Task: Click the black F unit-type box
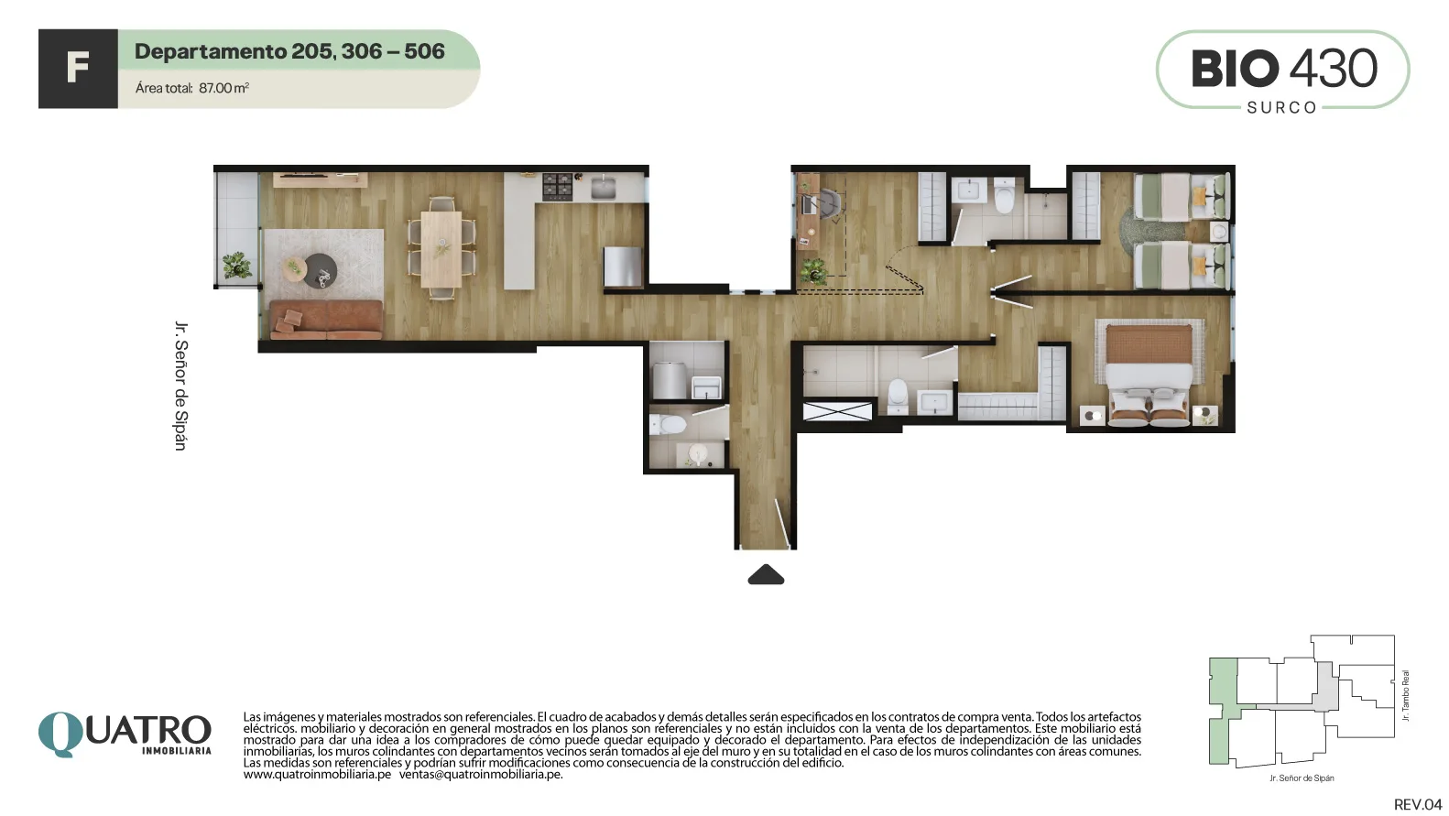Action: (78, 69)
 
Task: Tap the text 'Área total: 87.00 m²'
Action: (192, 88)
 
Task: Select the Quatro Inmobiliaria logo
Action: (125, 734)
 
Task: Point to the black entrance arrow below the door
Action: (766, 574)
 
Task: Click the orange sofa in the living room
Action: (327, 320)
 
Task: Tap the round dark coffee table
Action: (321, 270)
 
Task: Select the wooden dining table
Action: (441, 249)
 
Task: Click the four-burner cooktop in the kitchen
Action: (557, 186)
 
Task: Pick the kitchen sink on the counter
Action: (603, 188)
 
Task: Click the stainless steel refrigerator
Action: (623, 267)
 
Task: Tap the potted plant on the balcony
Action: (236, 265)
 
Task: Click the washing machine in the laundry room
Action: (670, 381)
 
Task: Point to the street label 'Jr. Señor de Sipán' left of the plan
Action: (181, 386)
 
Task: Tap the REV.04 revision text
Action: (1418, 804)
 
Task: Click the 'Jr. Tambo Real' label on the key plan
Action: (1405, 696)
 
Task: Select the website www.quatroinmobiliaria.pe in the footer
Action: (317, 775)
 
